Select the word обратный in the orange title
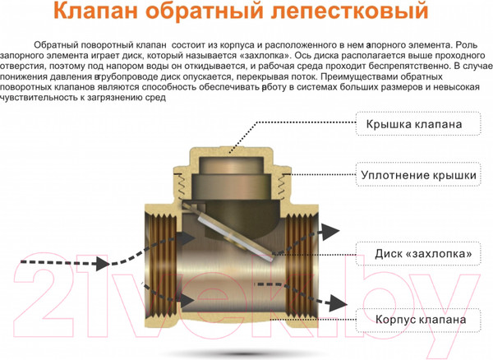220,14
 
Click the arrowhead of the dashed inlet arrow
102,263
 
